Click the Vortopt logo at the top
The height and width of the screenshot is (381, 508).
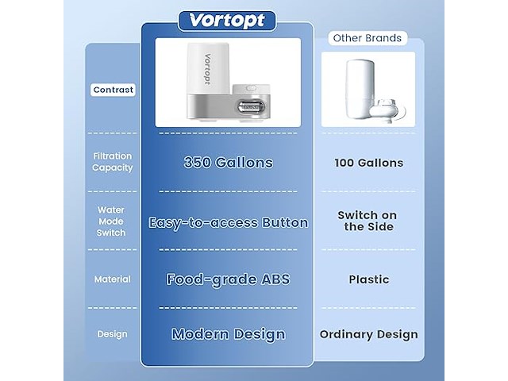(x=227, y=21)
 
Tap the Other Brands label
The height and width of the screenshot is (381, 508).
(x=367, y=38)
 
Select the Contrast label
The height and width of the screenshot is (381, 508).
(x=114, y=90)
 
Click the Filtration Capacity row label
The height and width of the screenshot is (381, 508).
(x=113, y=162)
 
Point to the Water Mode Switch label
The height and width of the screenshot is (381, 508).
(x=111, y=221)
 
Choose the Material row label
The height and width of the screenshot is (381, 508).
(x=113, y=279)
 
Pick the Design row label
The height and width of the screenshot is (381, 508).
(x=113, y=334)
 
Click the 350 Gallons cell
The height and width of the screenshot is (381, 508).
(x=228, y=163)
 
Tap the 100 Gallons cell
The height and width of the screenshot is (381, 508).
(x=368, y=163)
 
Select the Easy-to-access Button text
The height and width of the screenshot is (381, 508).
(x=228, y=222)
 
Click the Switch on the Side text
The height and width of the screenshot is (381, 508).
(x=368, y=221)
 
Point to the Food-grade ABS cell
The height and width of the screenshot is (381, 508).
(x=228, y=279)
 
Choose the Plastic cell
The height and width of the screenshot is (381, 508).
(x=368, y=279)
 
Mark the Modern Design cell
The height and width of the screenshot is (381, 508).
(x=228, y=334)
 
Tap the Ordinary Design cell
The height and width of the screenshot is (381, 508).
(x=368, y=334)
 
